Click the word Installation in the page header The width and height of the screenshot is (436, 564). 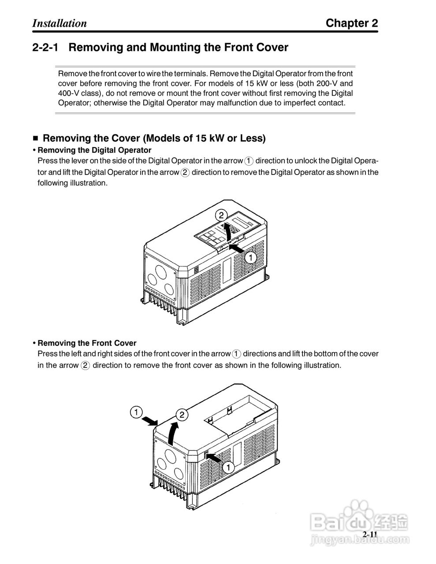tap(60, 23)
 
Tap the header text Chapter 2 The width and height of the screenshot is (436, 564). tap(351, 23)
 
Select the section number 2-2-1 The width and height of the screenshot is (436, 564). tap(46, 48)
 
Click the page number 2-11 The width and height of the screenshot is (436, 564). tap(370, 534)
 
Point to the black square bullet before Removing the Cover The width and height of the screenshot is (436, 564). tap(36, 139)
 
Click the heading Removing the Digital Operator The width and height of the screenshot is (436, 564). tap(94, 150)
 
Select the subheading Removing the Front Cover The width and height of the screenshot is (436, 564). tap(87, 343)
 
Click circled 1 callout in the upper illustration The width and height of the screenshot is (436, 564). tap(250, 257)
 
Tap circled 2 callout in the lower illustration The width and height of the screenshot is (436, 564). tap(182, 415)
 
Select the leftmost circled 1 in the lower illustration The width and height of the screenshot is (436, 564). tap(136, 413)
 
